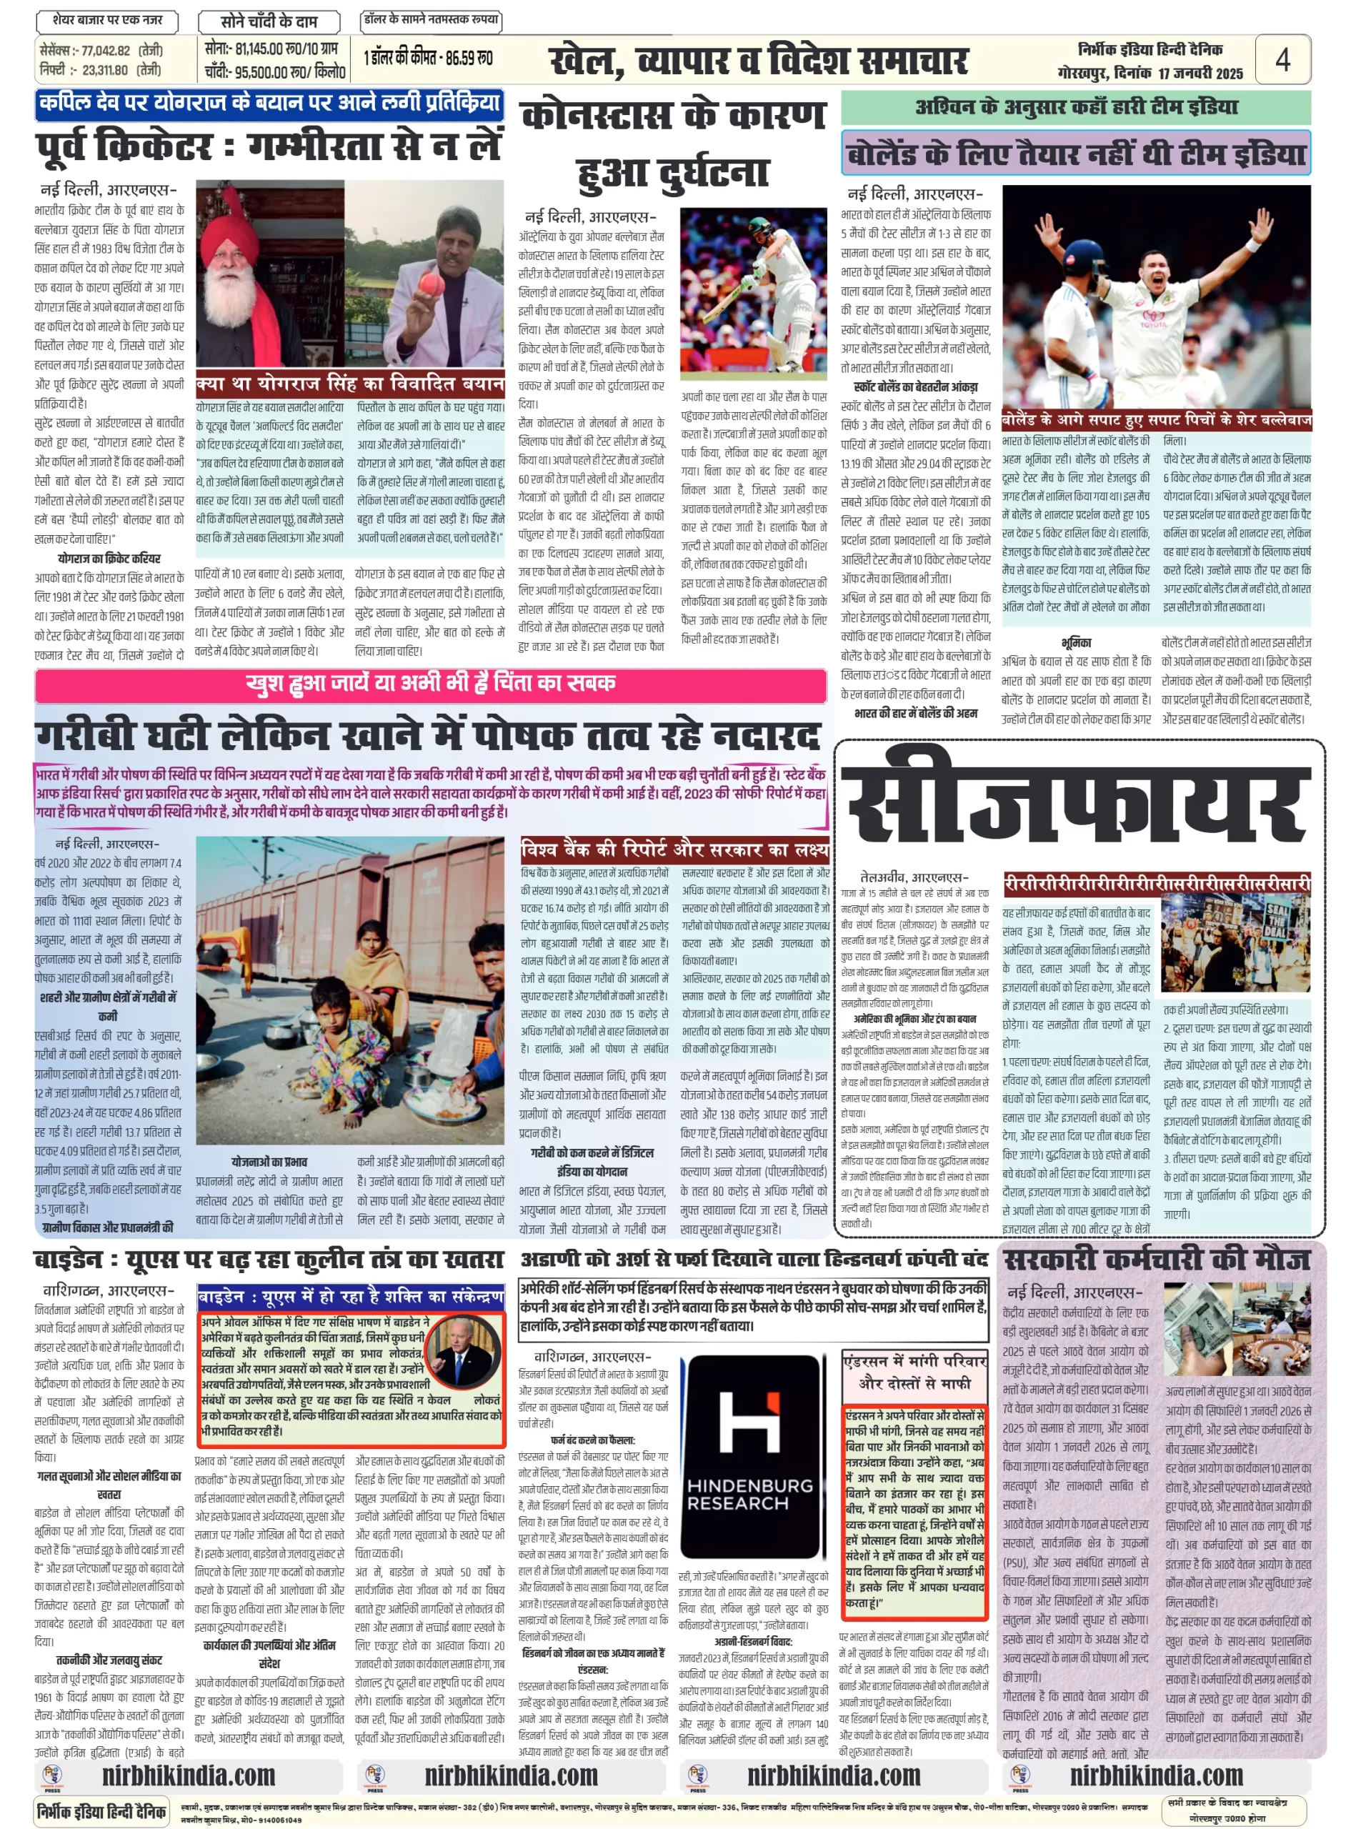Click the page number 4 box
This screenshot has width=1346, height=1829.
(x=1282, y=59)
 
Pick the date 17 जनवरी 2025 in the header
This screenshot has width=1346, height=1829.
(x=1200, y=74)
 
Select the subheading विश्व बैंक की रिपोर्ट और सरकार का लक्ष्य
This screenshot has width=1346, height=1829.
(x=674, y=849)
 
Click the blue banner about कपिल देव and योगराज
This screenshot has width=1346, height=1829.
(x=269, y=104)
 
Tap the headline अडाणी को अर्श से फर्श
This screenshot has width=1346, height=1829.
(x=754, y=1260)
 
